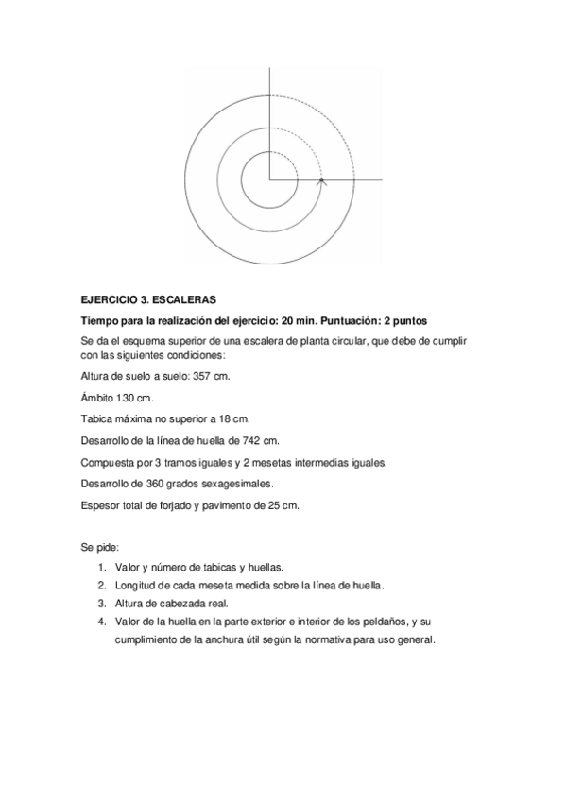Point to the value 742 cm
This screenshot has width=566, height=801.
tap(261, 440)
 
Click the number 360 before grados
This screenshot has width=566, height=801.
tap(151, 484)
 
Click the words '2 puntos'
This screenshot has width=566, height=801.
tap(401, 320)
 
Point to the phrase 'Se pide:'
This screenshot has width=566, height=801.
tap(99, 548)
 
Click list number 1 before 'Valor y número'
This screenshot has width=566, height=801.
tap(100, 569)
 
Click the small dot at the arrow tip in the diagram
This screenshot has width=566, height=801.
tap(321, 179)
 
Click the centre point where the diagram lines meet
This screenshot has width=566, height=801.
tap(270, 179)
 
